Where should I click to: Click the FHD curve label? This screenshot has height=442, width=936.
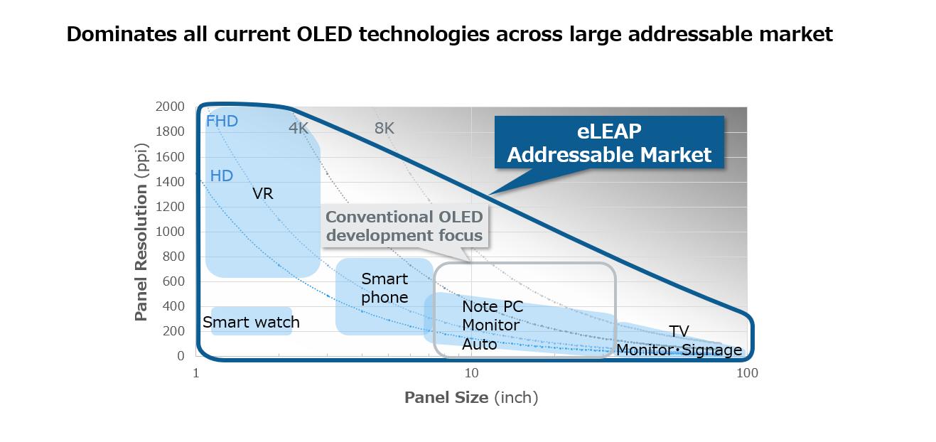coord(222,122)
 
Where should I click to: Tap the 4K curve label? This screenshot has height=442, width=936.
coord(298,128)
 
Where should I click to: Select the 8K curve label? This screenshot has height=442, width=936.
coord(384,128)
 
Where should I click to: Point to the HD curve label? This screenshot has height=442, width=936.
coord(221,176)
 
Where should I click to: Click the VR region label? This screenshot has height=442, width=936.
coord(262,193)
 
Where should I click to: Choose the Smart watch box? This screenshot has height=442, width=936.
coord(252,322)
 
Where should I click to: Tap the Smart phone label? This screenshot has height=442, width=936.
coord(384,288)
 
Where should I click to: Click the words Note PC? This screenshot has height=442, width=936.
coord(493,306)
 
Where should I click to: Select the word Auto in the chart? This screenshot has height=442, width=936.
coord(479,344)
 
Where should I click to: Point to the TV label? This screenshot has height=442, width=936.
coord(679,331)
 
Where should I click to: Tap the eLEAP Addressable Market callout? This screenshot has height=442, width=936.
coord(609,143)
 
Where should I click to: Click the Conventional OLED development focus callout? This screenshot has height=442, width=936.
coord(404,226)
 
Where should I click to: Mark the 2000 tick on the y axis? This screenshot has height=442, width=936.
coord(170,107)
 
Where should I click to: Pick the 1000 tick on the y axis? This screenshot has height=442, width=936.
coord(170,231)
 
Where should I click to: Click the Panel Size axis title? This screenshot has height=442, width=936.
coord(471,397)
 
